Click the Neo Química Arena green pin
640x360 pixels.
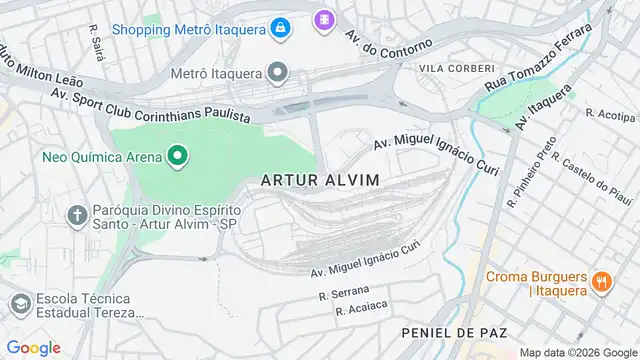tap(178, 155)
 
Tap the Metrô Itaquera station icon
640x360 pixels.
tap(277, 73)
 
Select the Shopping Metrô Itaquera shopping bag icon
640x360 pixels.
tap(283, 26)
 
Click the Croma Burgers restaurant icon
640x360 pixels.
tap(600, 282)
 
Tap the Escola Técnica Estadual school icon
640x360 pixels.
tap(19, 303)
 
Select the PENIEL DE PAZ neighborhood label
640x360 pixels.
tap(453, 331)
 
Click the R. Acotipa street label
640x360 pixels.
tap(604, 113)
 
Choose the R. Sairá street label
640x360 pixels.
tap(97, 42)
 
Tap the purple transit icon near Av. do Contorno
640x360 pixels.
tap(324, 19)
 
